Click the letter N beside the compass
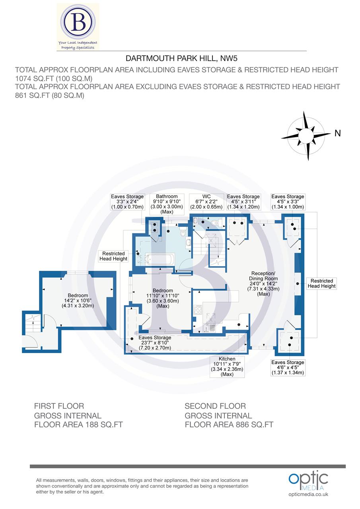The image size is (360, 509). click(337, 134)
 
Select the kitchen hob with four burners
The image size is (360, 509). click(197, 310)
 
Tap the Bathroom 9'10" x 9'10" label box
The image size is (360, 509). click(167, 204)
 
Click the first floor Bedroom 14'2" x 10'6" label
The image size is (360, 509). click(78, 301)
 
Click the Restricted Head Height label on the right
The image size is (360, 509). click(321, 283)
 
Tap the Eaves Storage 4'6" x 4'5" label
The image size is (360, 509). click(288, 367)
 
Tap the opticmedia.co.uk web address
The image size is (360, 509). click(308, 494)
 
